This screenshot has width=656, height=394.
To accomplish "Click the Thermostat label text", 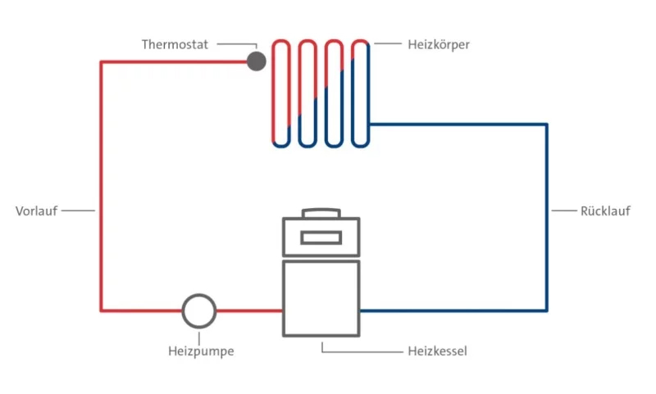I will click(x=175, y=44).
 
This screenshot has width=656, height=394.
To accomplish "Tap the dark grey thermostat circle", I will click(x=257, y=61).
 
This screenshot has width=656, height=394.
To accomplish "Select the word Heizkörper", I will click(x=439, y=44).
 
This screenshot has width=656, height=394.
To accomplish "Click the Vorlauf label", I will click(x=36, y=211).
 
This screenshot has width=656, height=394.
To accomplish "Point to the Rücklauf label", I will click(x=605, y=211).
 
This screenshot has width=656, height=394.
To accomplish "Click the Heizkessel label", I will click(x=437, y=351).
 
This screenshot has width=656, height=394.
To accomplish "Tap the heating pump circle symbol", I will click(x=198, y=310).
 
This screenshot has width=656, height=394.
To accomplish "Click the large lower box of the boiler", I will click(x=321, y=298).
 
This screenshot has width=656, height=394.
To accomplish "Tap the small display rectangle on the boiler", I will click(x=321, y=238).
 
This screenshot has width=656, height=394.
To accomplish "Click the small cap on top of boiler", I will click(x=321, y=213).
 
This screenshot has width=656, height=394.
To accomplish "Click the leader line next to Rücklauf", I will click(x=564, y=211).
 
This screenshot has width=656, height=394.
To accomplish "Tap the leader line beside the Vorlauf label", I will click(x=79, y=211).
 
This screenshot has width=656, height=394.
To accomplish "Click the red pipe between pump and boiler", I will click(x=249, y=310).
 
